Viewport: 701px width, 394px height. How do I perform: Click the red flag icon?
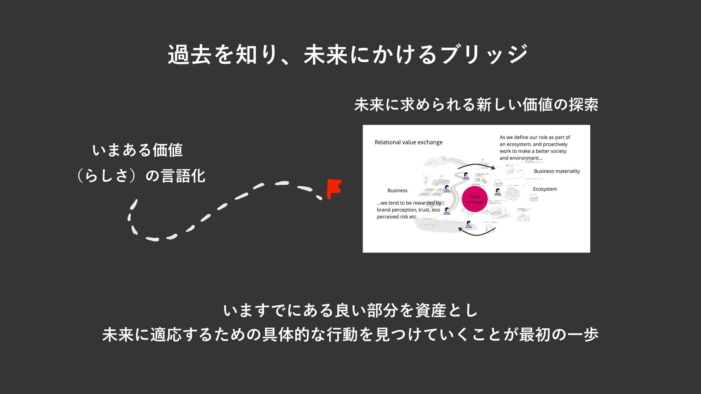click(x=333, y=188)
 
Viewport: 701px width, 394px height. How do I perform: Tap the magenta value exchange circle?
click(x=475, y=199)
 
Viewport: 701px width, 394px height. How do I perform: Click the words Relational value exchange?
click(x=409, y=142)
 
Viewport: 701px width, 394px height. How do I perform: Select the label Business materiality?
click(x=556, y=171)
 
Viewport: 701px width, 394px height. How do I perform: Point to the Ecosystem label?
click(x=545, y=189)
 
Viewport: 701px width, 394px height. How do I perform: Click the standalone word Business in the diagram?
click(x=397, y=190)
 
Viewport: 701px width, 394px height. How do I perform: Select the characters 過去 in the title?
click(x=189, y=55)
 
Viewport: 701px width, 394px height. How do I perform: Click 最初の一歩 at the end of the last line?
click(x=559, y=335)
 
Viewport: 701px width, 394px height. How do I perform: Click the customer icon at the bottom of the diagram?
click(x=468, y=224)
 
